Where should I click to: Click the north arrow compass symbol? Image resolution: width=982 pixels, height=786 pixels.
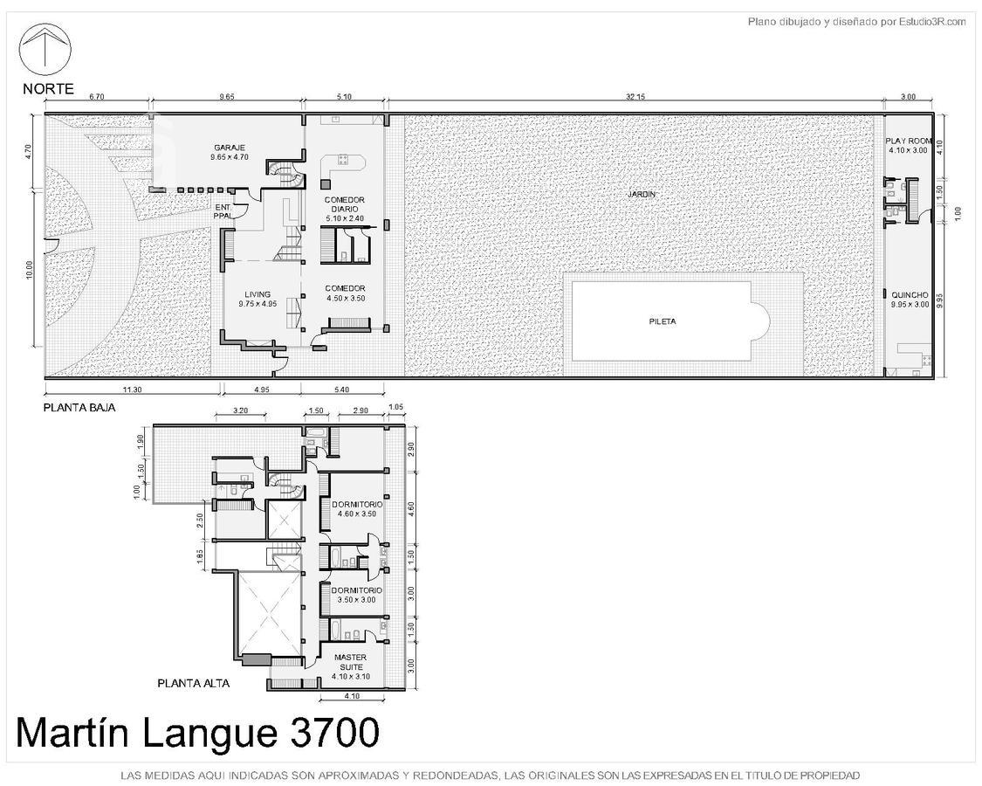[x=45, y=49]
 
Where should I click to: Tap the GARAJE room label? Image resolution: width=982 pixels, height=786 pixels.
[x=230, y=148]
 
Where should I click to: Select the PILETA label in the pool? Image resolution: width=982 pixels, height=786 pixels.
[x=662, y=321]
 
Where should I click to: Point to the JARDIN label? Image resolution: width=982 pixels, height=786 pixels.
[x=642, y=194]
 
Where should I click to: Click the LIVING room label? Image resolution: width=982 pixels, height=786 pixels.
[x=258, y=294]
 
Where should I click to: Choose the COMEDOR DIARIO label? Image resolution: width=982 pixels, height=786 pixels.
[x=345, y=204]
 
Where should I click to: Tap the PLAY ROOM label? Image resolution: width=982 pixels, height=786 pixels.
[x=908, y=141]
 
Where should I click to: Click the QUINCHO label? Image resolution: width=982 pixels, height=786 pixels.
[x=910, y=294]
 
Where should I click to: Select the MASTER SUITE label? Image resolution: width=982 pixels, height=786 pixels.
[x=351, y=662]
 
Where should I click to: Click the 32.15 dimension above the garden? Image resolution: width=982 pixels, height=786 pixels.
[x=635, y=97]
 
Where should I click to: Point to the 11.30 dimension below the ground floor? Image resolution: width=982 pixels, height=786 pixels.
[x=132, y=390]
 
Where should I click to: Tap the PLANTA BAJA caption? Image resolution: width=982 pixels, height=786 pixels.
[x=79, y=408]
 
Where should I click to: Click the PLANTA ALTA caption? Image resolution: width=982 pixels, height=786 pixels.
[x=194, y=683]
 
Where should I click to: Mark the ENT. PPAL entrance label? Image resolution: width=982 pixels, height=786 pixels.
[x=223, y=211]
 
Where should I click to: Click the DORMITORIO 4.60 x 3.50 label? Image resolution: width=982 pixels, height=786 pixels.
[x=357, y=509]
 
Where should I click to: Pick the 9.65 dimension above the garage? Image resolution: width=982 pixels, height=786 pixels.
[x=226, y=97]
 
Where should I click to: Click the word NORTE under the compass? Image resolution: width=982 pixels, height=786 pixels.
[x=48, y=89]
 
